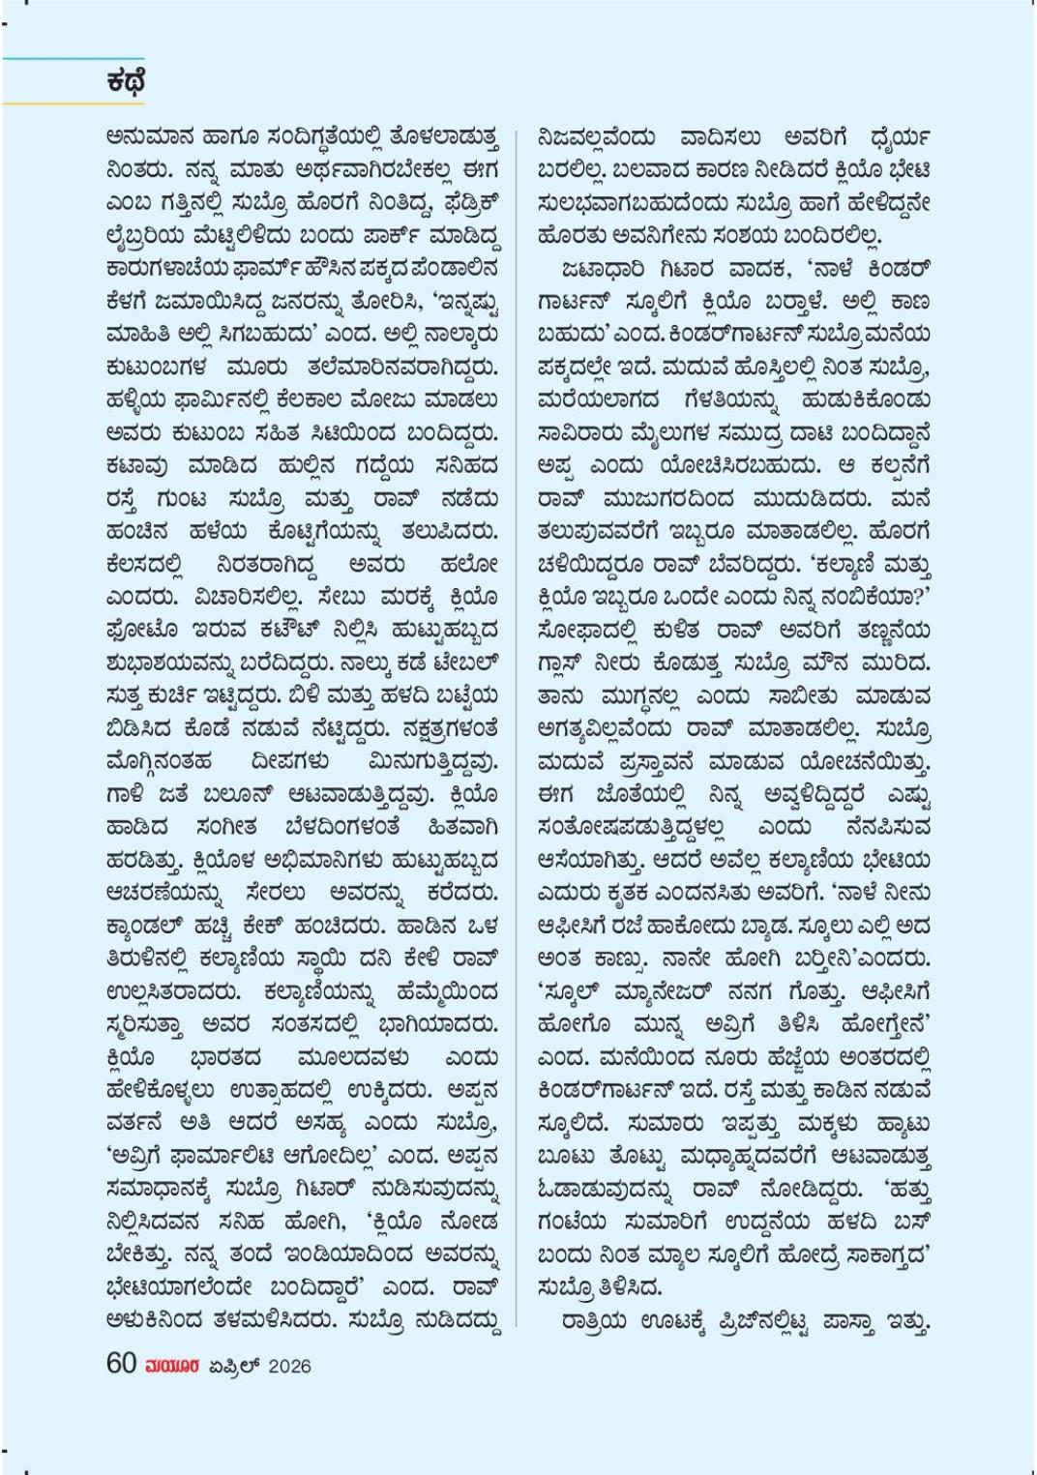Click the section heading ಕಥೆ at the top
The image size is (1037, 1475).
coord(127,82)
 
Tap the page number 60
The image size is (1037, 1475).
coord(121,1364)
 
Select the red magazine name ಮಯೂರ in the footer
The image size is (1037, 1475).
coord(172,1366)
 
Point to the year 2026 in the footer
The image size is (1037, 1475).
coord(288,1366)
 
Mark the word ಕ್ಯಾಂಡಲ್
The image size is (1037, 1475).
coord(146,924)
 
